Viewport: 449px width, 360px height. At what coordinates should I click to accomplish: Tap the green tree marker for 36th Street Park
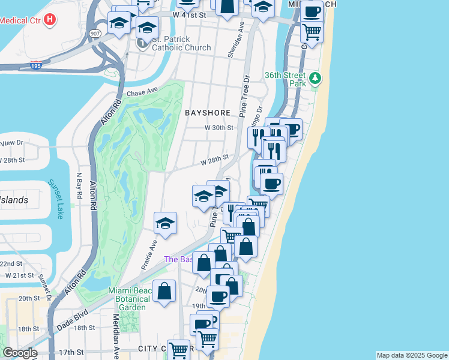[x=315, y=78]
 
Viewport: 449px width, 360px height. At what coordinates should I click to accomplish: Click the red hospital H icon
[x=50, y=19]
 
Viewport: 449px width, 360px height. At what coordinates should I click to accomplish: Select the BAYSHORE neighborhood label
[x=208, y=112]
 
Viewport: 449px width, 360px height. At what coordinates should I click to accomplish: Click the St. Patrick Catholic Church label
[x=181, y=44]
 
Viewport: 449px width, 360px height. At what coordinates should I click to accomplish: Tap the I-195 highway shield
[x=36, y=67]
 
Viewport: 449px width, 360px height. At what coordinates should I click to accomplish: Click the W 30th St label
[x=218, y=128]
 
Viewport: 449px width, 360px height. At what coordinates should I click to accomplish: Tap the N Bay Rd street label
[x=79, y=188]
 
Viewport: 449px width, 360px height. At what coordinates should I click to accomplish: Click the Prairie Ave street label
[x=153, y=253]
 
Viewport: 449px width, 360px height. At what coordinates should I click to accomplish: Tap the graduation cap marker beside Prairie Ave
[x=165, y=223]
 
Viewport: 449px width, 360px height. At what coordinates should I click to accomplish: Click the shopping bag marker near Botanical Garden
[x=164, y=292]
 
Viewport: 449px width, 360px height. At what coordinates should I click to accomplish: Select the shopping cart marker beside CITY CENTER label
[x=178, y=349]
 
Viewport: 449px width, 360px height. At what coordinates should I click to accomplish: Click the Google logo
[x=20, y=353]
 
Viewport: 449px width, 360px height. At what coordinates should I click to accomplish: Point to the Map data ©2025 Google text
[x=412, y=355]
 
